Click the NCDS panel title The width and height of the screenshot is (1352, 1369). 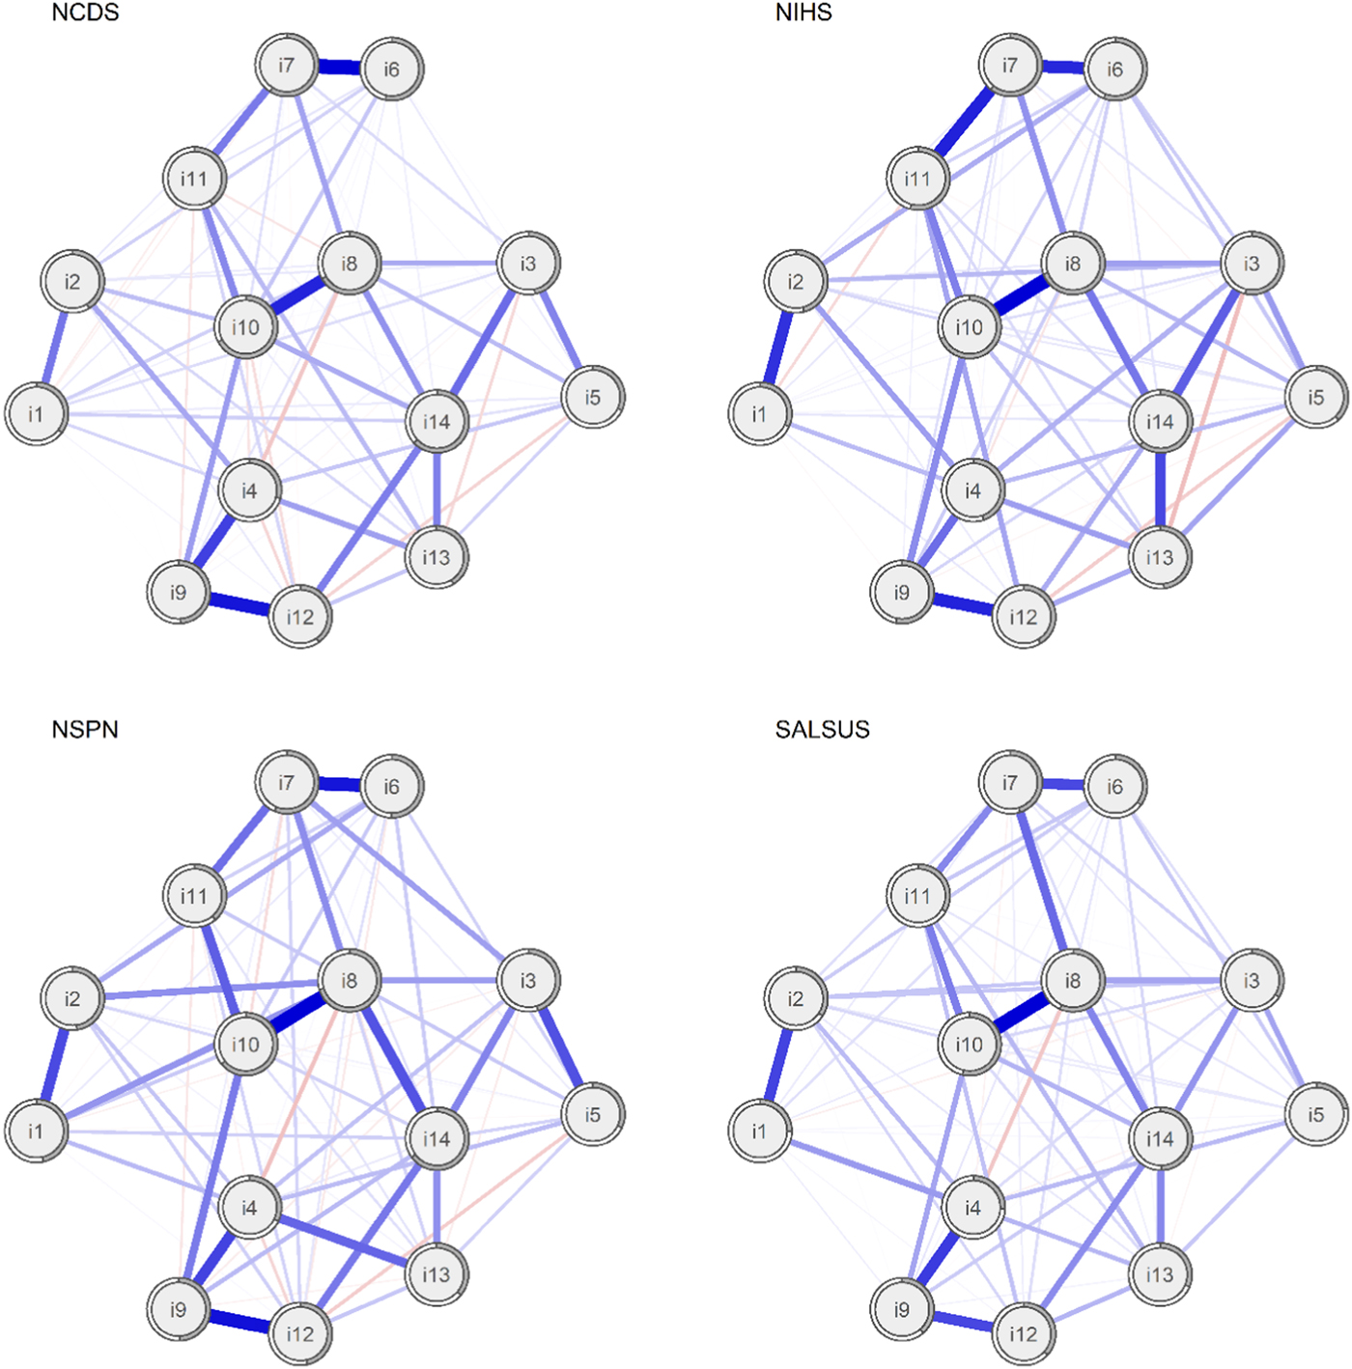[85, 13]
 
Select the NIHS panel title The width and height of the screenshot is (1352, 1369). [803, 13]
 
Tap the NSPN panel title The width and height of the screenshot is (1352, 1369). [85, 729]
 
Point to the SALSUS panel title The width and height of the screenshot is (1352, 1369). [822, 729]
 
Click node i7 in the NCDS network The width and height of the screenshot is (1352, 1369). [286, 66]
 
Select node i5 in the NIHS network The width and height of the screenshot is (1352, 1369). [1315, 397]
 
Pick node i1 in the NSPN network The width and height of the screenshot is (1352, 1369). [37, 1131]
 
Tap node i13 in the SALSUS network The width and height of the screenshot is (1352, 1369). [1159, 1274]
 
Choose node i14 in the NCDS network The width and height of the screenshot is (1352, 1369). [437, 421]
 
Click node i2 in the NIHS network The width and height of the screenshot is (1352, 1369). [796, 282]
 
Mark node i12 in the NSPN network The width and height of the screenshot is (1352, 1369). [299, 1333]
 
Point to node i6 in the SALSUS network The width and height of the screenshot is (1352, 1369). [1114, 787]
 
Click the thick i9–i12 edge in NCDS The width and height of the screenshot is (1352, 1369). [239, 603]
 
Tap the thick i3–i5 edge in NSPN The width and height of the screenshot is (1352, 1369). [560, 1048]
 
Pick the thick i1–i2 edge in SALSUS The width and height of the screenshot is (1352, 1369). [777, 1064]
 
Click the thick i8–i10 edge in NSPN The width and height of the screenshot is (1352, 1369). [297, 1012]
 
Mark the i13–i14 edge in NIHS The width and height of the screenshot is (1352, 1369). [1160, 489]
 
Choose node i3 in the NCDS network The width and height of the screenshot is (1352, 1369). [527, 264]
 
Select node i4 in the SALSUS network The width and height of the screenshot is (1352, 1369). [972, 1208]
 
